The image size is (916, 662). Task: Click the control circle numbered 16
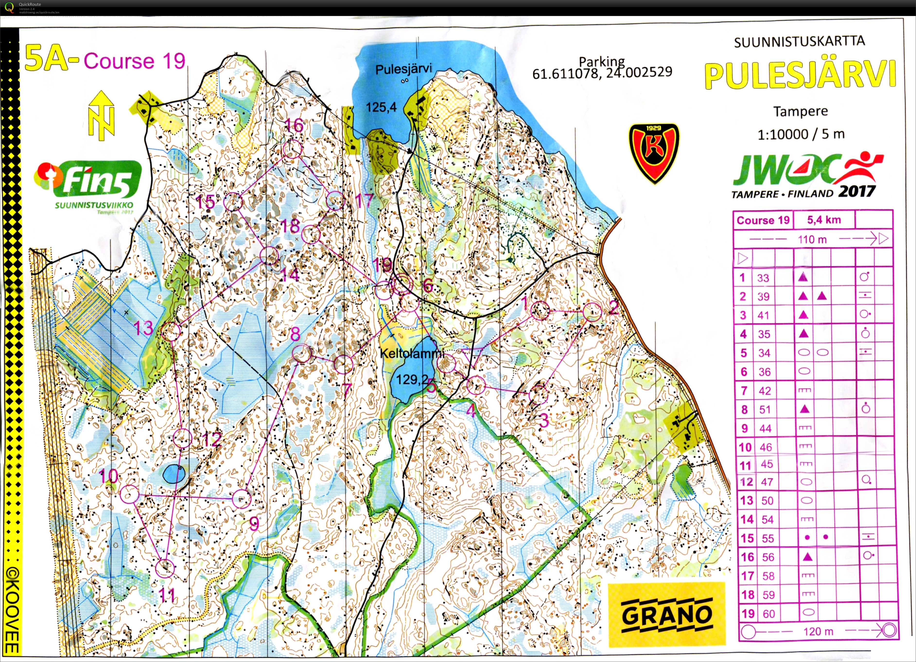(292, 149)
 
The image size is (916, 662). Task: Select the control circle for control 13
(171, 332)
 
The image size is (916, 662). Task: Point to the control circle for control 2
(593, 312)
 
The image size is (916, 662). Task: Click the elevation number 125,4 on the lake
(381, 107)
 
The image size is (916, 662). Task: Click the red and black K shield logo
(654, 153)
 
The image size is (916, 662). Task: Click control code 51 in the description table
(765, 409)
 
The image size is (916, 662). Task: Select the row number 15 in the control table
(747, 538)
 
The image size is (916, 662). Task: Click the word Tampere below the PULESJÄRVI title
(801, 111)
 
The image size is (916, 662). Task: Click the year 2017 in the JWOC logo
(857, 191)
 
